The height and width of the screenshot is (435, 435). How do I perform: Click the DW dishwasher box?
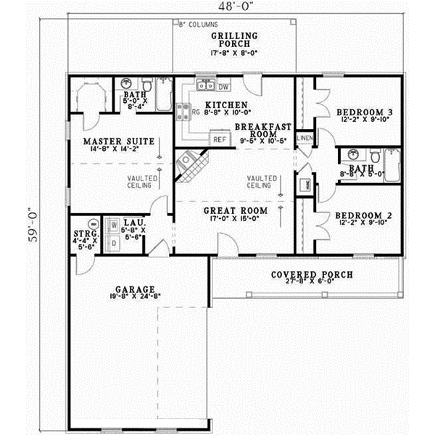pyautogui.click(x=223, y=87)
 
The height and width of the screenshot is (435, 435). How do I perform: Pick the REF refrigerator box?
pyautogui.click(x=217, y=139)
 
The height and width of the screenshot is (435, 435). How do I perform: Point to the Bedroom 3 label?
pyautogui.click(x=364, y=112)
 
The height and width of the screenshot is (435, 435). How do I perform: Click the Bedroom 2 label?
pyautogui.click(x=364, y=215)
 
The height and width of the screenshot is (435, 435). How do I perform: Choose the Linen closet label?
pyautogui.click(x=305, y=138)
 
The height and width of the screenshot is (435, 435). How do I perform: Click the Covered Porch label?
pyautogui.click(x=312, y=275)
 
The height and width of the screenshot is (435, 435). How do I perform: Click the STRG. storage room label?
pyautogui.click(x=82, y=234)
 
